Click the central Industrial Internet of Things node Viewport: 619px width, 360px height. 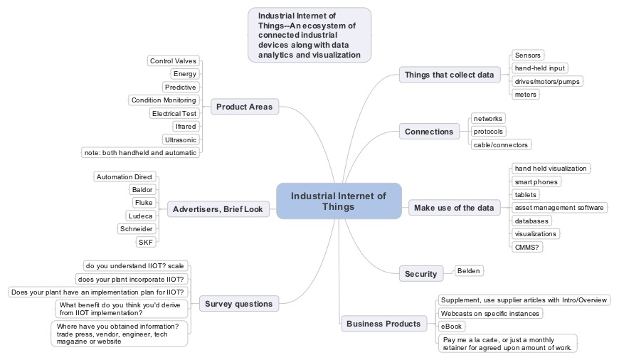coord(339,201)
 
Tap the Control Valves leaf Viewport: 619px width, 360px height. coord(173,61)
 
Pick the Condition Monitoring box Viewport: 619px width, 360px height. coord(164,100)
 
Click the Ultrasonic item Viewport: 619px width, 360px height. coord(180,139)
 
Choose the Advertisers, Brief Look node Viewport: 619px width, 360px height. coord(218,209)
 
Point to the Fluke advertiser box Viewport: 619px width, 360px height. coord(144,203)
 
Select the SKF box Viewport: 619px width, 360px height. coord(146,242)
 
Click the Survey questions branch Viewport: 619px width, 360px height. coord(238,304)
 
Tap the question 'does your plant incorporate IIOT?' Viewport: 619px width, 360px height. coord(132,279)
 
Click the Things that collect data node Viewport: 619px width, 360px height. coord(448,75)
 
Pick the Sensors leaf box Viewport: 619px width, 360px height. coord(528,55)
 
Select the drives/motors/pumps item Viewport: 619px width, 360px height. coord(547,81)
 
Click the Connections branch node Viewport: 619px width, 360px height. coord(428,132)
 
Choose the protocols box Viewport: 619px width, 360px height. coord(488,132)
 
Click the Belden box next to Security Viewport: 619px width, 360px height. coord(468,271)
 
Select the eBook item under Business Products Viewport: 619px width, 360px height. coord(452,326)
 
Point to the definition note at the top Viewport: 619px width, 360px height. coord(309,35)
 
